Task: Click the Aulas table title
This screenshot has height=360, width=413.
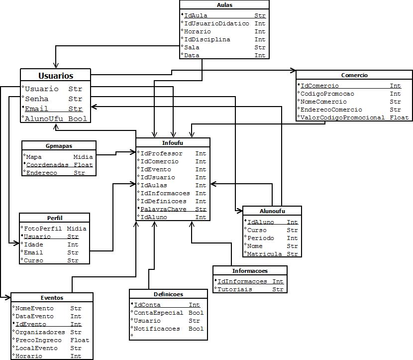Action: click(x=224, y=5)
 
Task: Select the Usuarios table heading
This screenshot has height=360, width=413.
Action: click(x=56, y=76)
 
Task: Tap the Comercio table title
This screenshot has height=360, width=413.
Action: click(x=354, y=75)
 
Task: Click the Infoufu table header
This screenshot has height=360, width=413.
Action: click(x=173, y=143)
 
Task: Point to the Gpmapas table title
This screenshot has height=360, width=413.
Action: click(x=59, y=146)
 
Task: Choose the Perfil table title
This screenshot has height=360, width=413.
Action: click(x=55, y=218)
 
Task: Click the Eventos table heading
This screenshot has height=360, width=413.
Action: click(x=52, y=298)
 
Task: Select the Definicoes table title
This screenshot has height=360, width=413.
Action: click(x=168, y=294)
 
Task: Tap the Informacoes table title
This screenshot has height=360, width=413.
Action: click(x=249, y=271)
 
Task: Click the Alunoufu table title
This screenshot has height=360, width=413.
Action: click(x=272, y=211)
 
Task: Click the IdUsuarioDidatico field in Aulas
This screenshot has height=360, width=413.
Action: click(x=216, y=23)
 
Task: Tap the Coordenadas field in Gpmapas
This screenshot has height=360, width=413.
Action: click(x=47, y=165)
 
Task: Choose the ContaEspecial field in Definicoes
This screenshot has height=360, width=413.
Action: click(x=159, y=313)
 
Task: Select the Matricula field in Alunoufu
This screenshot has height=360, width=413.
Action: click(x=265, y=254)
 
